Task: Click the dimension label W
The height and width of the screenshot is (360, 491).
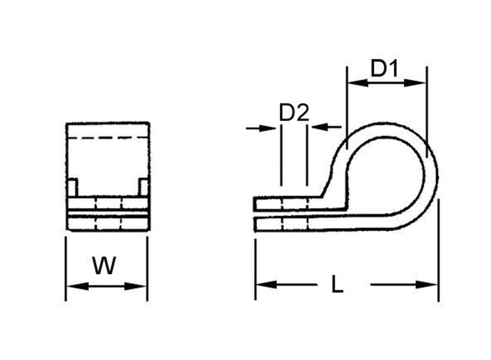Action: tap(104, 266)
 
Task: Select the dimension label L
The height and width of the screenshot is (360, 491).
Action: tap(337, 284)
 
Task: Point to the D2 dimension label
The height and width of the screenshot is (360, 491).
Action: tap(293, 113)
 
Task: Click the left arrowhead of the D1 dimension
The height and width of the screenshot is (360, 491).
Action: tap(357, 83)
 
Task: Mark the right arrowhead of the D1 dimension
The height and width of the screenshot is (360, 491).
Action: tap(416, 83)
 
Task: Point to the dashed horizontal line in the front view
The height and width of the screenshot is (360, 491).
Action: tap(107, 138)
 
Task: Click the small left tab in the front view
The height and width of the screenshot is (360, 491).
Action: tap(72, 187)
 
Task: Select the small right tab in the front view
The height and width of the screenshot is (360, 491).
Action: tap(143, 187)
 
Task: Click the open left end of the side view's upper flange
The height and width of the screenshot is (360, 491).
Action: tap(255, 204)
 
